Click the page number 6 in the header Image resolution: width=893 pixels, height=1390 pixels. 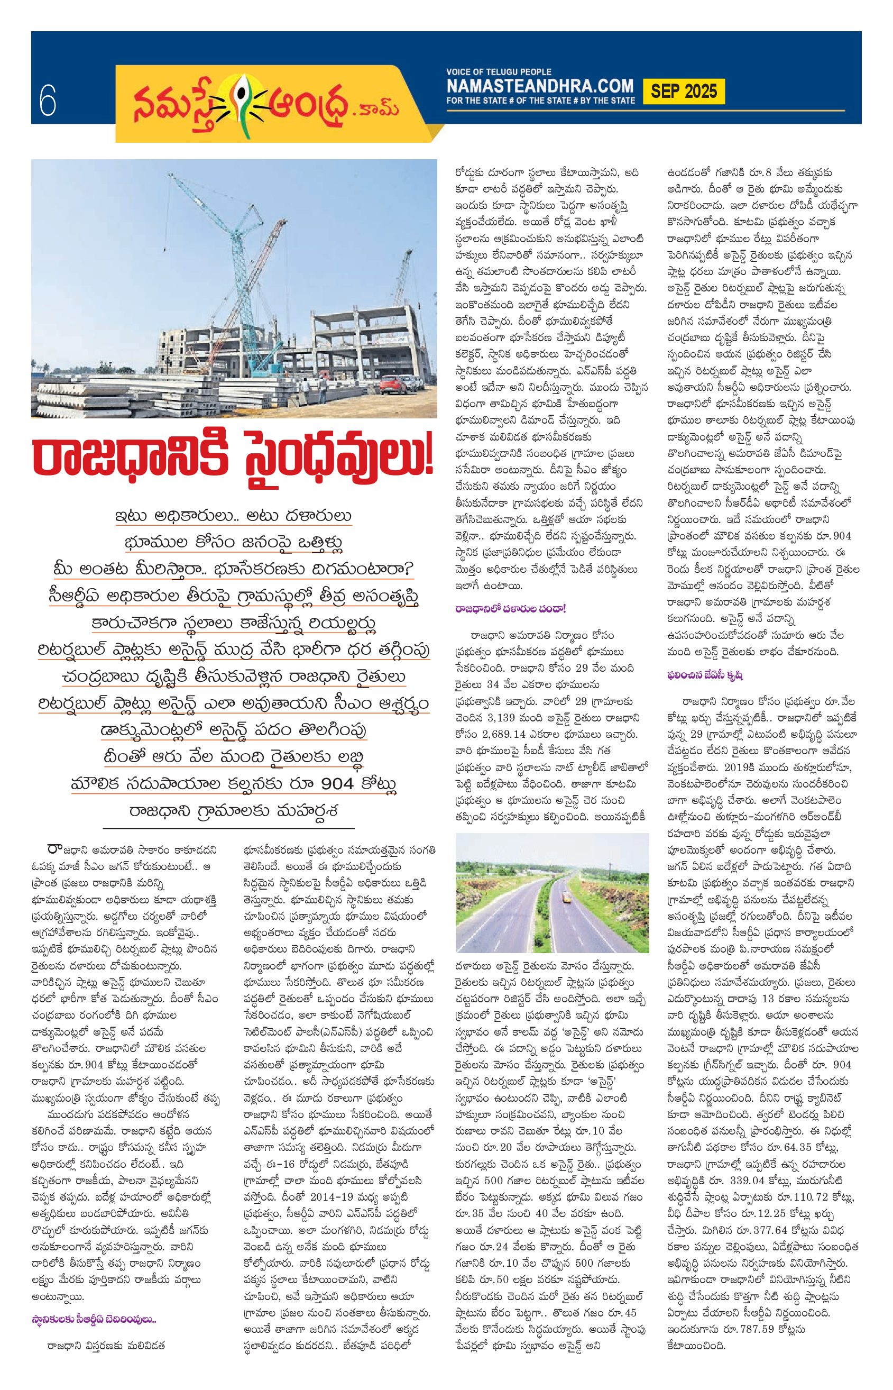tap(48, 100)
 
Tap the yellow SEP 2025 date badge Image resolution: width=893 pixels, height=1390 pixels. tap(683, 92)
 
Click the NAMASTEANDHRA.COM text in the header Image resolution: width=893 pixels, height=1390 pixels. tap(539, 86)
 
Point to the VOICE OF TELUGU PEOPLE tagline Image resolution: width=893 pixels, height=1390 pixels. tap(499, 72)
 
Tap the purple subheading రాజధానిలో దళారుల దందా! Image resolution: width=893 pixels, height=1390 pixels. tap(510, 609)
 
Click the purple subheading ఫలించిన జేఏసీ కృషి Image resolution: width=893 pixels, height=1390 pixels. tap(705, 675)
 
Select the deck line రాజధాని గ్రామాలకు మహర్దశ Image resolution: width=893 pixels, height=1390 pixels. tap(233, 810)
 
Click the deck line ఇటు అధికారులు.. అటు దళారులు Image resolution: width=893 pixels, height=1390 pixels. tap(233, 516)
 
